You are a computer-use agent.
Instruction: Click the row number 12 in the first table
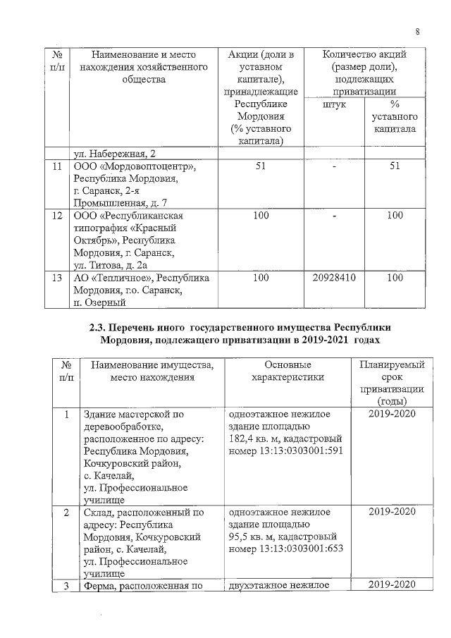[58, 215]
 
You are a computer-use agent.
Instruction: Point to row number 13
[58, 278]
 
